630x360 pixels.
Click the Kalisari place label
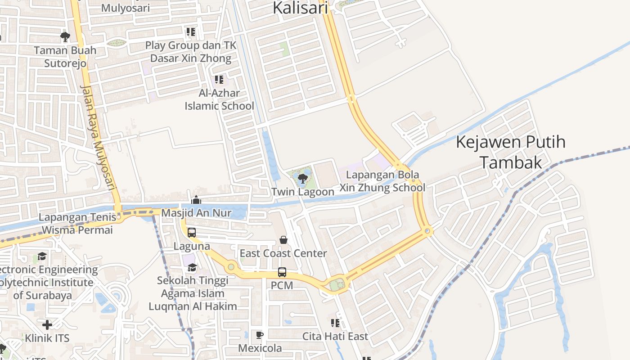coord(301,8)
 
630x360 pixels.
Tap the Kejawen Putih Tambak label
coord(511,152)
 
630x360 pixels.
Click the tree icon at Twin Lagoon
coord(303,179)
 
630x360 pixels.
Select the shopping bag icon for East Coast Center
coord(283,240)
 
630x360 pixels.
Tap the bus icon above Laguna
coord(192,233)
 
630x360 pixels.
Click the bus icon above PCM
coord(282,272)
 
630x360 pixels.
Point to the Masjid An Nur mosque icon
coord(196,199)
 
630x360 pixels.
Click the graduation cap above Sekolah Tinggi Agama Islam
coord(192,267)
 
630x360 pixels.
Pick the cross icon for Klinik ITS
coord(47,324)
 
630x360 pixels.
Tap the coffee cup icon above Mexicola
coord(260,335)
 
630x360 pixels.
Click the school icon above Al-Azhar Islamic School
coord(219,80)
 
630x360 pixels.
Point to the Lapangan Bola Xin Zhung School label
coord(382,181)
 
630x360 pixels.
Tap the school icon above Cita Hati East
coord(335,323)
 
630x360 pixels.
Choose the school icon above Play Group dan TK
coord(191,32)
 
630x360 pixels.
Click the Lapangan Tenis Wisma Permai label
coord(76,224)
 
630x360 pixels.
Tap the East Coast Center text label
coord(283,253)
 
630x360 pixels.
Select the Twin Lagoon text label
coord(303,192)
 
